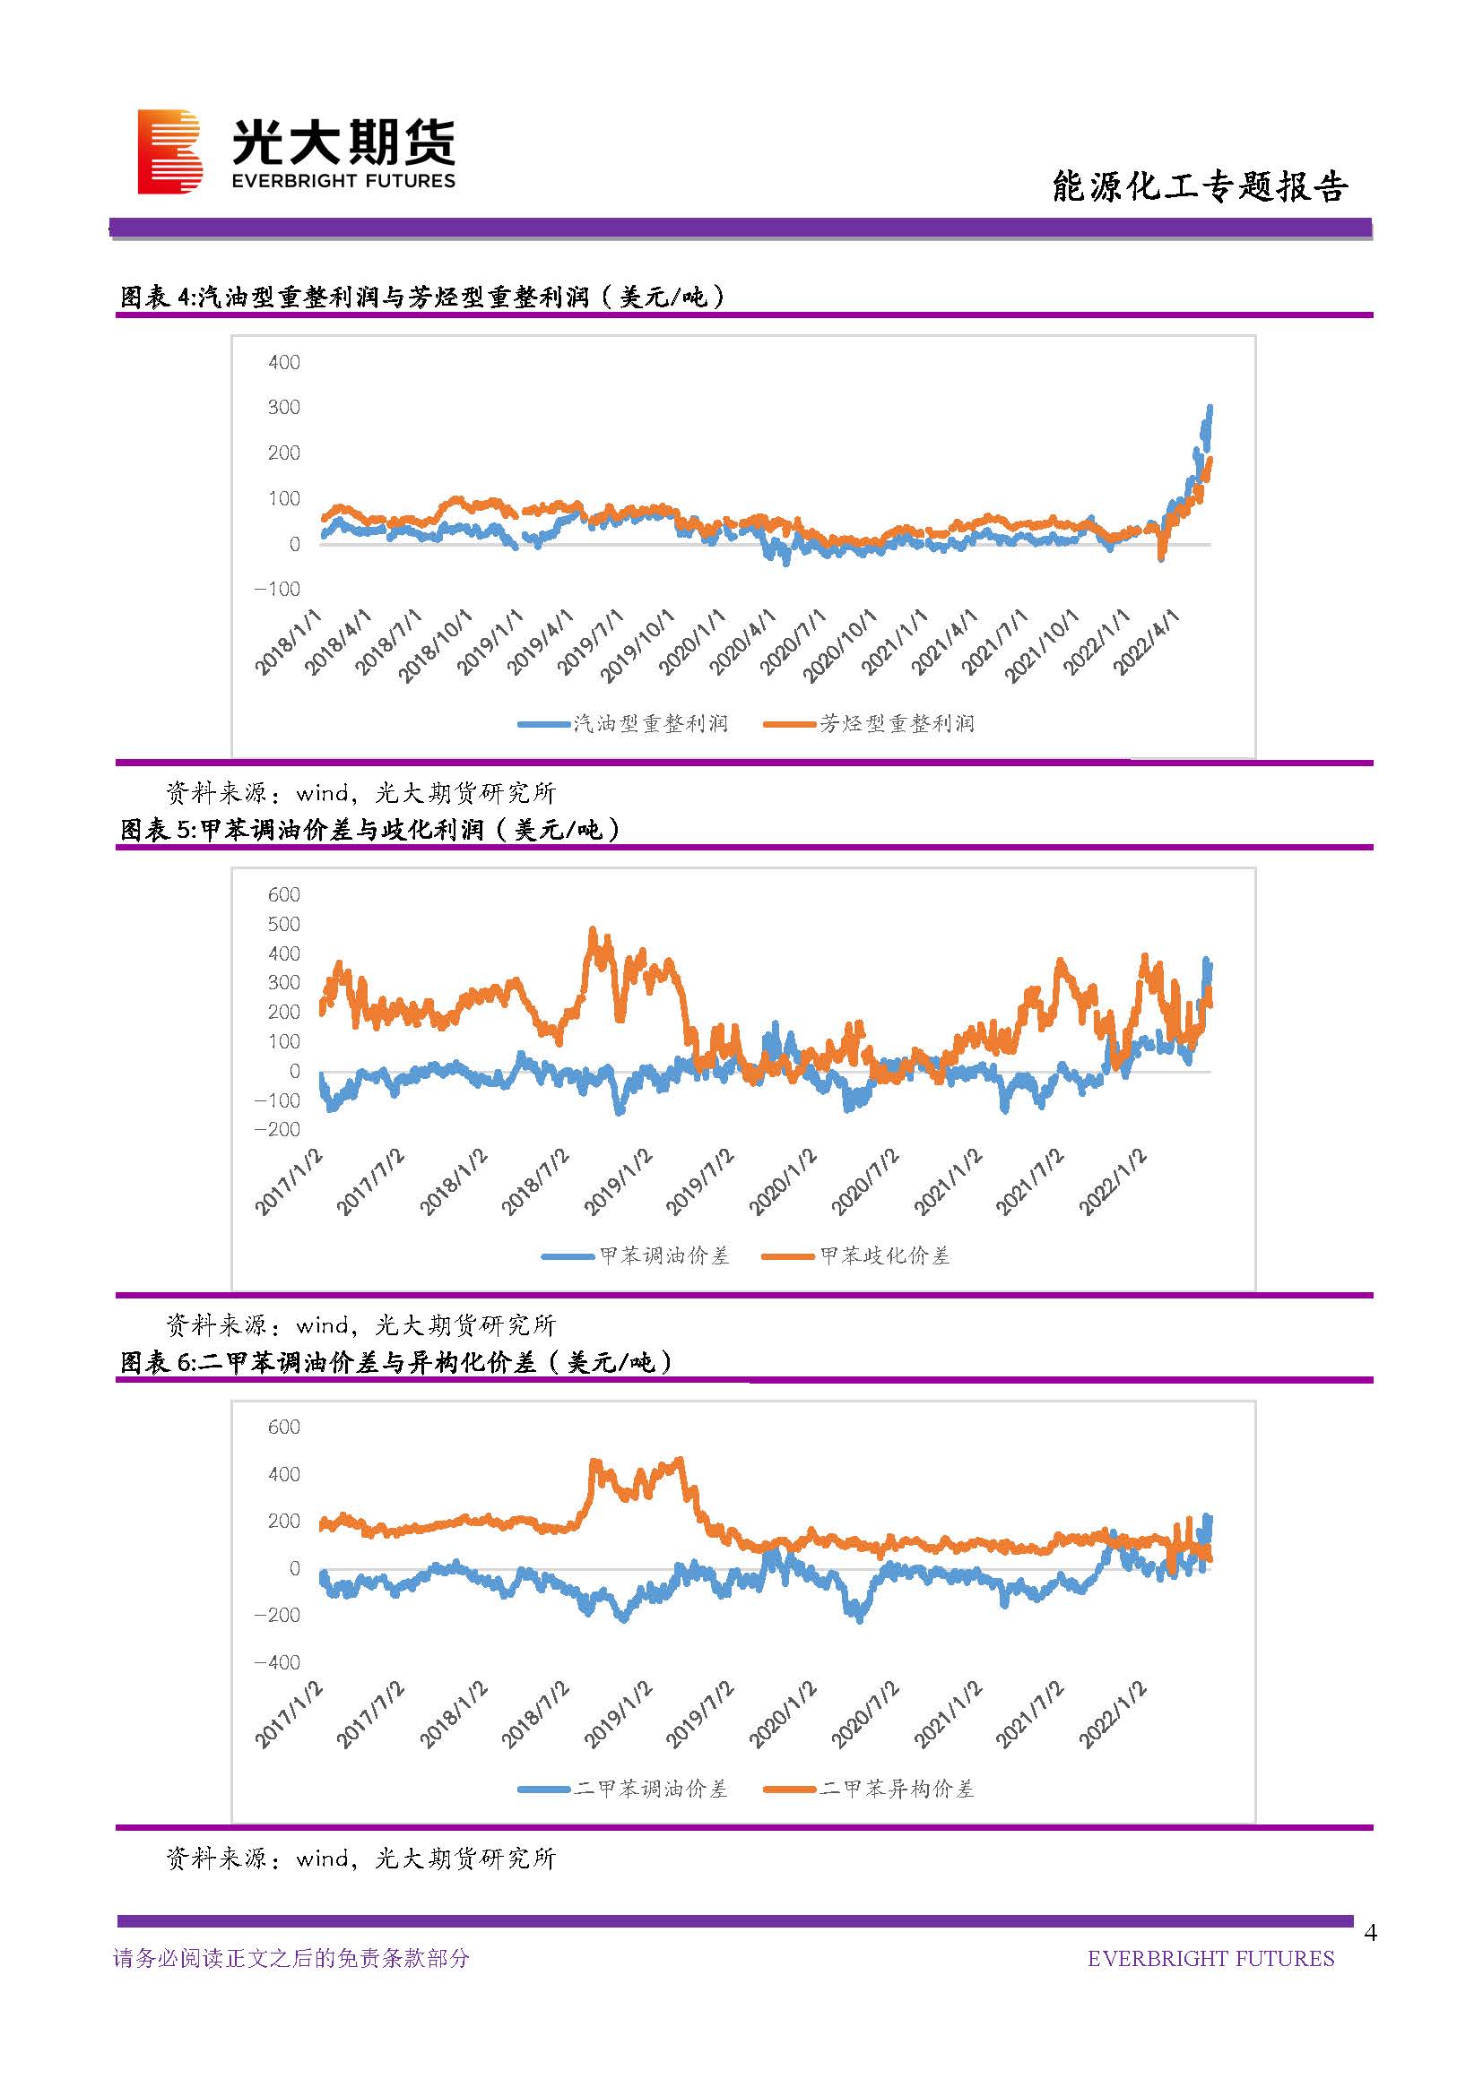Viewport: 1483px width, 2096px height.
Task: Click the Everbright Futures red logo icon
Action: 169,151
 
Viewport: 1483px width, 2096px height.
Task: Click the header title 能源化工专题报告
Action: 1199,186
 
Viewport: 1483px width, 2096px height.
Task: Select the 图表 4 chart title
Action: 422,297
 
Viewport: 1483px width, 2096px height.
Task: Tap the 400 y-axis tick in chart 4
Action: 284,362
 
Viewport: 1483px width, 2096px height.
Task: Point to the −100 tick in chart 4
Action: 278,589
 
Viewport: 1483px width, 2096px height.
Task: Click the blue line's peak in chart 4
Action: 1210,407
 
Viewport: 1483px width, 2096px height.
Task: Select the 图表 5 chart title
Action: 369,830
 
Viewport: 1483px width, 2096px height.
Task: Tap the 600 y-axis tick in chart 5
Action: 284,894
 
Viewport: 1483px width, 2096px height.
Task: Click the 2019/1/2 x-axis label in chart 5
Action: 619,1182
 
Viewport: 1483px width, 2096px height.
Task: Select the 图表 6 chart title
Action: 396,1363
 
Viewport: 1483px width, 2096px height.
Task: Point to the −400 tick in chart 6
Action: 278,1662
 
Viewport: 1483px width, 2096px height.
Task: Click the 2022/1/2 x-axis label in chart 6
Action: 1112,1715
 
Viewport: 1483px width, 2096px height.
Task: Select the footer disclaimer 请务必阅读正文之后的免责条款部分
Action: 291,1958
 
